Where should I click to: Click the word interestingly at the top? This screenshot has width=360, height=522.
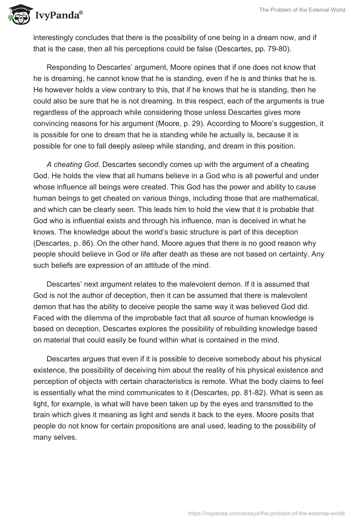54,38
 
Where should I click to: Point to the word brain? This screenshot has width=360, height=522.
44,403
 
